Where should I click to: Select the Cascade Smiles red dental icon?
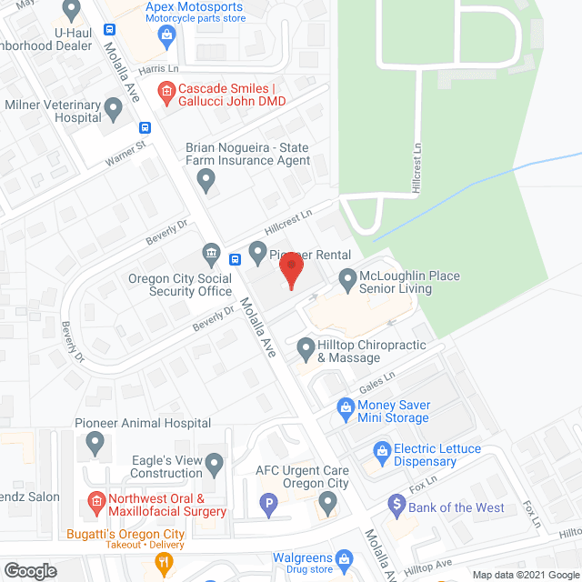click(166, 91)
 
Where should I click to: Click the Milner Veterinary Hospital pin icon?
click(113, 111)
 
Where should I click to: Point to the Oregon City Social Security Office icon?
click(211, 251)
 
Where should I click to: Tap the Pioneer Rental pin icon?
click(257, 251)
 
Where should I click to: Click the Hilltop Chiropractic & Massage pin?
click(306, 346)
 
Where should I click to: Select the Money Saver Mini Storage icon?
click(346, 406)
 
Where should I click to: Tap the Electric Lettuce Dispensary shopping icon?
click(383, 450)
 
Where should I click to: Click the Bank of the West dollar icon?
click(396, 502)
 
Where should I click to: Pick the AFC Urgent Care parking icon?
click(269, 502)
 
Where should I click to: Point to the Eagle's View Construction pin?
click(215, 466)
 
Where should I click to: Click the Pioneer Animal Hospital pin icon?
click(95, 444)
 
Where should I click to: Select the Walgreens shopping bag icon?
click(344, 557)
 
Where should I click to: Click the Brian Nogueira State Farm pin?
click(207, 180)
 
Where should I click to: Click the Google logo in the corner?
click(29, 571)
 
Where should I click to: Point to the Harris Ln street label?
click(156, 69)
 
